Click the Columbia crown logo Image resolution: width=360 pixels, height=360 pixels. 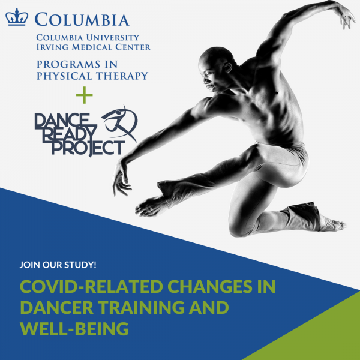tap(17, 18)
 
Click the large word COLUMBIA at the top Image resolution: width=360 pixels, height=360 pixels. tap(82, 20)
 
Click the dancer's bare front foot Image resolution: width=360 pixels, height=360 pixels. tap(150, 205)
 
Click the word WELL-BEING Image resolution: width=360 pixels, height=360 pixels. tap(74, 329)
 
